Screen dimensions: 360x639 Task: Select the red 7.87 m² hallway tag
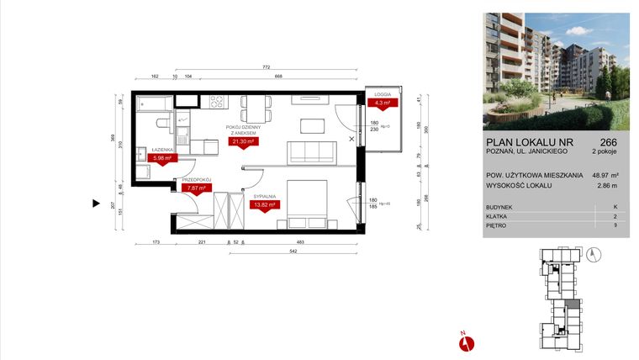click(x=194, y=188)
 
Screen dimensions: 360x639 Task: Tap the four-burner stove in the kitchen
click(x=214, y=103)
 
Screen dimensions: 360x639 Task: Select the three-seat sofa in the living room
click(x=312, y=152)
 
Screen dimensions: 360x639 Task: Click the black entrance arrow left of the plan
click(x=96, y=202)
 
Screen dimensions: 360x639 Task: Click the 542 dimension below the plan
click(x=267, y=251)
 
